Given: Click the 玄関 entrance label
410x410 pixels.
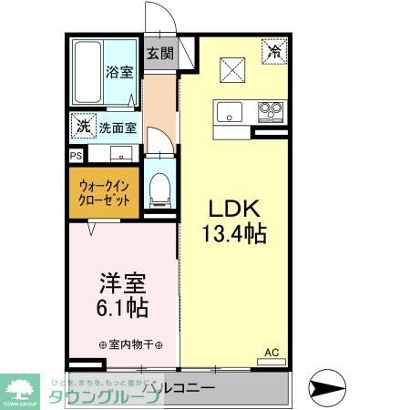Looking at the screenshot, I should click(159, 52).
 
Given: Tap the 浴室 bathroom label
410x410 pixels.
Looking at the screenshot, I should click(118, 72).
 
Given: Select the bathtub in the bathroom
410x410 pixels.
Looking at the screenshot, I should click(88, 73).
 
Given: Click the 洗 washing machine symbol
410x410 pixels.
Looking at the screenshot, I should click(83, 125).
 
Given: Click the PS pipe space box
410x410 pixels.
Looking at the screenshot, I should click(74, 155).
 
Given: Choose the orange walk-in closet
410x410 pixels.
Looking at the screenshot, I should click(103, 191).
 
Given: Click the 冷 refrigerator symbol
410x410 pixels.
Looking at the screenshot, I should click(272, 52).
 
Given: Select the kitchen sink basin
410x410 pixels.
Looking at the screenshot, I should click(229, 113).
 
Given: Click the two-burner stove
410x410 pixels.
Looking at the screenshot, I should click(269, 113).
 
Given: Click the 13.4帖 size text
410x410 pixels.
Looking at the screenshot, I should click(234, 234).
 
